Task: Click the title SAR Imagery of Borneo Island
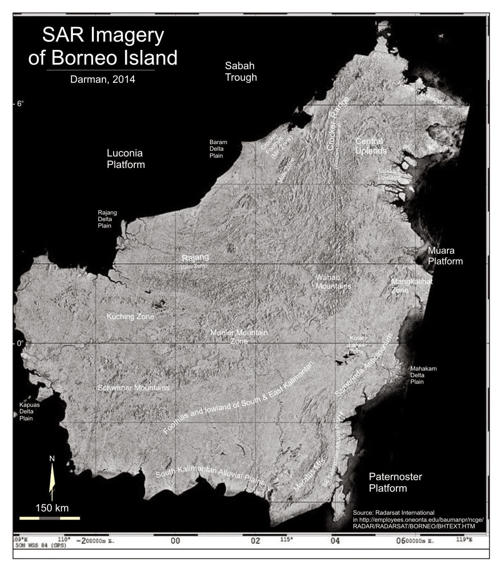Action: pos(103,47)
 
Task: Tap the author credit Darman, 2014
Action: pos(103,79)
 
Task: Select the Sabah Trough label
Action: pos(241,71)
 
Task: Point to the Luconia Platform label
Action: pos(126,159)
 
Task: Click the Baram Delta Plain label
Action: pos(218,149)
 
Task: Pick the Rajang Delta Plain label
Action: pos(107,219)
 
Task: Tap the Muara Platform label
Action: pos(445,256)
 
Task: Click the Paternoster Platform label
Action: pos(395,483)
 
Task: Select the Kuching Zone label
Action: pos(130,316)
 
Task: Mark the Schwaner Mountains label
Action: pos(133,388)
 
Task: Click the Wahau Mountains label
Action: pos(333,282)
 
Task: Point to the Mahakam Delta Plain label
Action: pos(423,375)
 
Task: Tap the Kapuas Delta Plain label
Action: pos(29,411)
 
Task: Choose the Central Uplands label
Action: pos(370,146)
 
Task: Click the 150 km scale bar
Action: pos(50,518)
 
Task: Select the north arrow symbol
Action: pos(52,478)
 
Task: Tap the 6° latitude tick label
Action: pos(20,103)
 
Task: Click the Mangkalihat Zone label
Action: pos(411,286)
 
